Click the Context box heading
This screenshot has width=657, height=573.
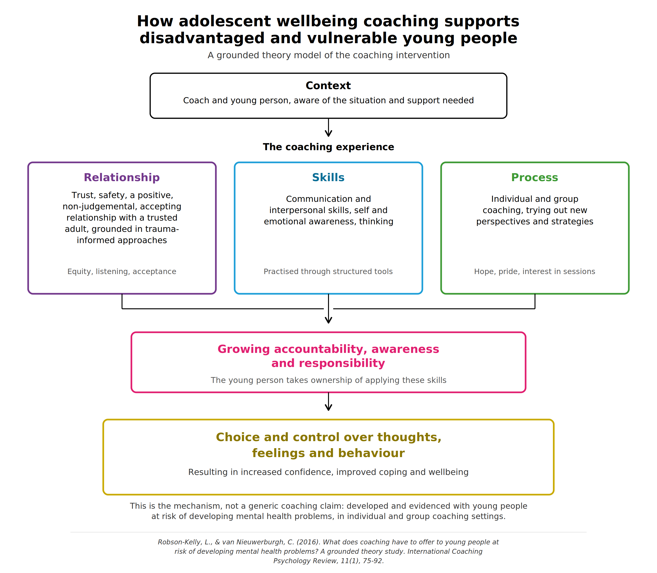[x=328, y=86]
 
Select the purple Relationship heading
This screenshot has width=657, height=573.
[x=122, y=177]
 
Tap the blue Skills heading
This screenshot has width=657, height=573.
[x=328, y=177]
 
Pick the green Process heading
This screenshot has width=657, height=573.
[x=535, y=177]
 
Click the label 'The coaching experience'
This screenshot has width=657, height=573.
[x=328, y=147]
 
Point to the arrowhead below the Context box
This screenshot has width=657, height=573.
[x=328, y=134]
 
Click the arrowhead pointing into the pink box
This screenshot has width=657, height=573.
[x=328, y=320]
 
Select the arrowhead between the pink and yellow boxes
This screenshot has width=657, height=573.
[x=328, y=407]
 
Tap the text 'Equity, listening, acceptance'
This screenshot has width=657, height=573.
[x=122, y=271]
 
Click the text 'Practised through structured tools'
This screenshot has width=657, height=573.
[x=328, y=271]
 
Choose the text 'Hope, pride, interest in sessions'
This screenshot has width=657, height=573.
[x=535, y=271]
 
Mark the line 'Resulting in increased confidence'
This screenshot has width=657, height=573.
[x=328, y=472]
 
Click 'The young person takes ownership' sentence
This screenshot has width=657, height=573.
[x=328, y=380]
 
